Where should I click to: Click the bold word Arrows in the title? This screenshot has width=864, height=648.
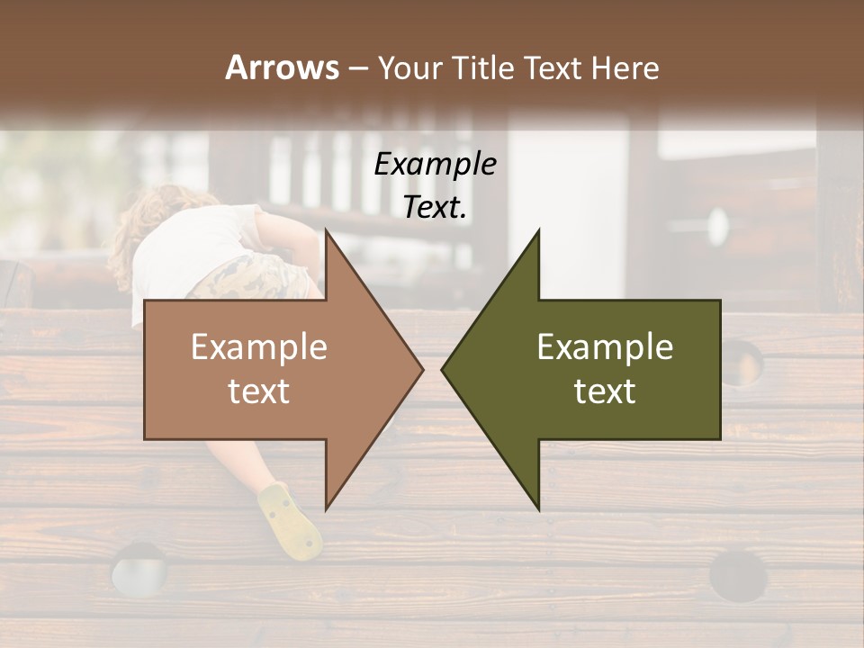click(282, 67)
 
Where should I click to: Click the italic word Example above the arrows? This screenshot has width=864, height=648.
click(435, 165)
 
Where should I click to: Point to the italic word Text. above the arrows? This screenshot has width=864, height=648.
click(435, 207)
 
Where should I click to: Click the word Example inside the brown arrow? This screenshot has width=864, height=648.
click(258, 347)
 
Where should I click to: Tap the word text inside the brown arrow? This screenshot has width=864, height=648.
click(258, 391)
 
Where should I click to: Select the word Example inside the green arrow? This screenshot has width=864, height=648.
click(605, 347)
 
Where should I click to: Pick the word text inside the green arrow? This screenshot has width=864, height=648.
click(605, 391)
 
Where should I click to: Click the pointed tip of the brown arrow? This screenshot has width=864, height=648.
click(422, 369)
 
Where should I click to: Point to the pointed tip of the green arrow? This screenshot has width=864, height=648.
click(443, 369)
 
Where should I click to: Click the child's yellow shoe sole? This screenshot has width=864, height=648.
click(291, 522)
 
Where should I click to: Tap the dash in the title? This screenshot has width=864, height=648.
click(356, 69)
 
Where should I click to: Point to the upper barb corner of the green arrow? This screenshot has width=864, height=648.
click(538, 231)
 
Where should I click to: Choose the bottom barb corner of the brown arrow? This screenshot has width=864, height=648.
click(327, 508)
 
